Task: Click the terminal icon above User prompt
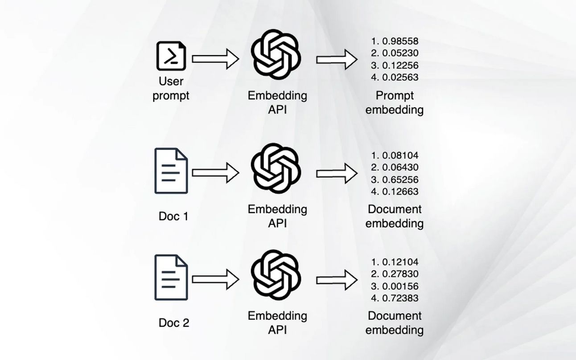[171, 56]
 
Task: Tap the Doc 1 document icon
[171, 171]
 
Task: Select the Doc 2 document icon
[171, 278]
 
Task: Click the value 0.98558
[400, 41]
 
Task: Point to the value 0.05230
[400, 53]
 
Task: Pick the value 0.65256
[400, 180]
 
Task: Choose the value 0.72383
[400, 298]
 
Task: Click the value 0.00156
[400, 286]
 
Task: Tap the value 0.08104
[400, 155]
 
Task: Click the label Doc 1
[173, 217]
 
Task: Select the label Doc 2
[174, 323]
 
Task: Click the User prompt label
[171, 89]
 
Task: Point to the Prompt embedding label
[395, 103]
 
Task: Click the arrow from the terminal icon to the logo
[216, 59]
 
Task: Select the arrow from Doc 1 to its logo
[216, 173]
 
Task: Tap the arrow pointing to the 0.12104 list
[337, 280]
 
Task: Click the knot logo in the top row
[276, 54]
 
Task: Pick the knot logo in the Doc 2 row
[276, 275]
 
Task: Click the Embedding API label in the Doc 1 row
[277, 217]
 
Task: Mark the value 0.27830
[400, 274]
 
